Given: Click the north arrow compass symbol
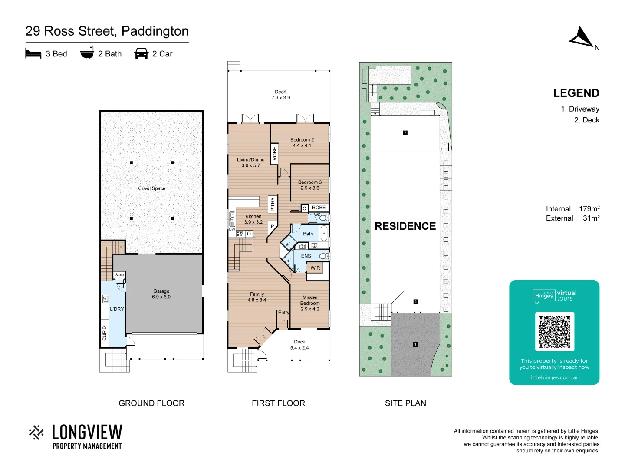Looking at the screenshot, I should [x=581, y=37].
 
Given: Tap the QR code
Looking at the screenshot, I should [x=554, y=331].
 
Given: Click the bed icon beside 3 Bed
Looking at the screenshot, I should [x=33, y=53].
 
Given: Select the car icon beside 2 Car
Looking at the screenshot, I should [x=141, y=53].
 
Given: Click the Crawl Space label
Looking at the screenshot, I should [x=151, y=188].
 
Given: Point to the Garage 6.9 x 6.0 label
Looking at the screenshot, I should [x=161, y=294].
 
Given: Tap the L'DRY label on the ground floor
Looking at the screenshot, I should [x=117, y=309].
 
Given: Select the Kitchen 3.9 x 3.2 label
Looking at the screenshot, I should [x=253, y=219].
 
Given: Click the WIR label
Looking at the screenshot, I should [x=315, y=268].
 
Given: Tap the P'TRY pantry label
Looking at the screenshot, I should [x=273, y=204].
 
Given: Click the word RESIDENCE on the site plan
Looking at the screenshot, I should [x=405, y=226].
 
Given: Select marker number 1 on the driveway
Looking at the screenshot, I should [x=415, y=344].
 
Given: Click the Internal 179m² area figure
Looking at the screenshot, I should [x=572, y=209].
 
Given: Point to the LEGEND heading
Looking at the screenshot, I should [x=576, y=93].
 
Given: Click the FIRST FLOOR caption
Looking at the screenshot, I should [x=278, y=403].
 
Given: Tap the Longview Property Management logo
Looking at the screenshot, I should [x=76, y=436].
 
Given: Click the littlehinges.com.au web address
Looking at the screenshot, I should [x=554, y=377].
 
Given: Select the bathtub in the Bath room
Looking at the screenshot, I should [x=324, y=233].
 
